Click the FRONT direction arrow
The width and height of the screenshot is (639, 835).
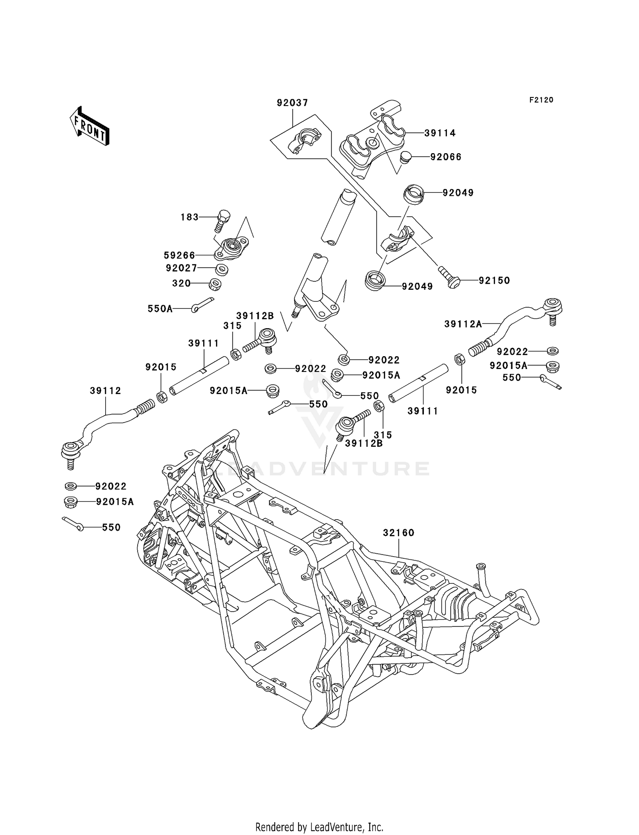point(89,126)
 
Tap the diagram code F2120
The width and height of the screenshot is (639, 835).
point(541,100)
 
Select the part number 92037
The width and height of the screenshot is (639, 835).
point(292,103)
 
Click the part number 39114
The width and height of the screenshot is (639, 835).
point(440,133)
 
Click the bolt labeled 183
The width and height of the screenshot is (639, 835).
point(222,220)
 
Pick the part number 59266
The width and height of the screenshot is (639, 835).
point(179,256)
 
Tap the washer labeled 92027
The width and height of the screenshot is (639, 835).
point(222,269)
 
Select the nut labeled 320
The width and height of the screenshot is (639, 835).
point(215,284)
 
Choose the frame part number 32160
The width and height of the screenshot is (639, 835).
point(398,533)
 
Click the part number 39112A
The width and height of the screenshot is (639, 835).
point(463,324)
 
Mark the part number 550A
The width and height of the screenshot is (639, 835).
point(160,309)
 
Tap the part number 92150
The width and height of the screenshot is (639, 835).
point(494,281)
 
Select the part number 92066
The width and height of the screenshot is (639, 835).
point(446,157)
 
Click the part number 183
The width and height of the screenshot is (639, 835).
point(190,217)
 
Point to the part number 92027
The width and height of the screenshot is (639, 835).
point(181,269)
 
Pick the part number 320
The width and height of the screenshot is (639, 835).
point(181,283)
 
